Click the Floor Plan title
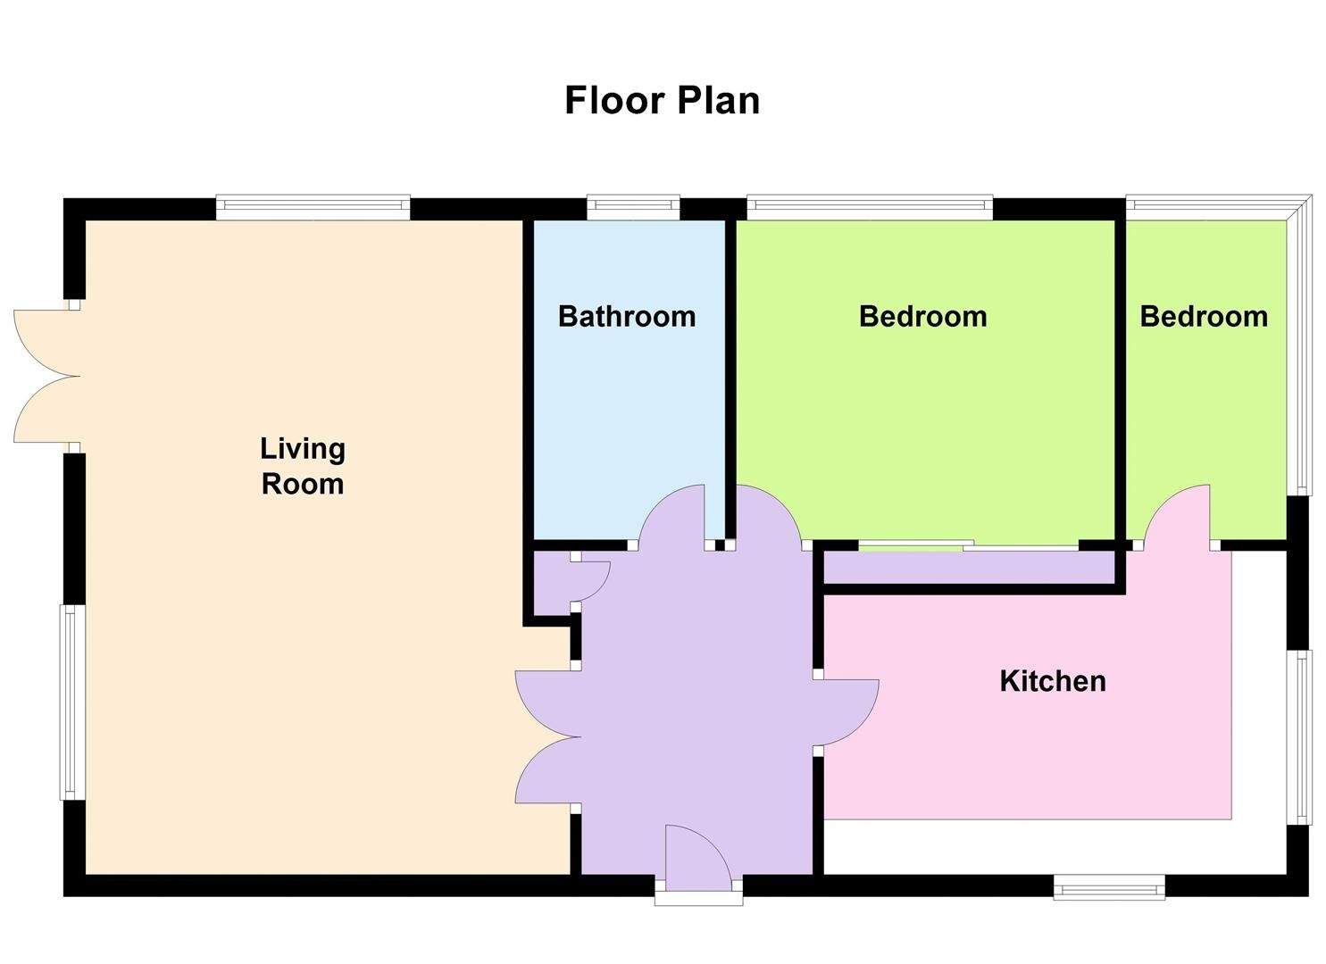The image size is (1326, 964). pos(662,100)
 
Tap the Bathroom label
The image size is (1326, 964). pos(626,316)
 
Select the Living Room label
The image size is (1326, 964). pos(302,466)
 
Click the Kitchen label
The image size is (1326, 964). pos(1052,681)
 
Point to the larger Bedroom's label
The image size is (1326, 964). pos(922,316)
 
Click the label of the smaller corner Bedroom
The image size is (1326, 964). pos(1203,316)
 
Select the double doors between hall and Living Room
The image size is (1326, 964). pos(546,737)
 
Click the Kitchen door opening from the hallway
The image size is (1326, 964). pos(846,712)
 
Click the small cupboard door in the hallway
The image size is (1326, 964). pos(591,581)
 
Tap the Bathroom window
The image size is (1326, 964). pos(633,207)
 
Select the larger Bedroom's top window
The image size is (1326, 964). pos(869,207)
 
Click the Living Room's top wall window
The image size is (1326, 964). pos(313,207)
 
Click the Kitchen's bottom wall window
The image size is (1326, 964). pos(1109,887)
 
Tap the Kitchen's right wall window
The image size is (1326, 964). pos(1304,737)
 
